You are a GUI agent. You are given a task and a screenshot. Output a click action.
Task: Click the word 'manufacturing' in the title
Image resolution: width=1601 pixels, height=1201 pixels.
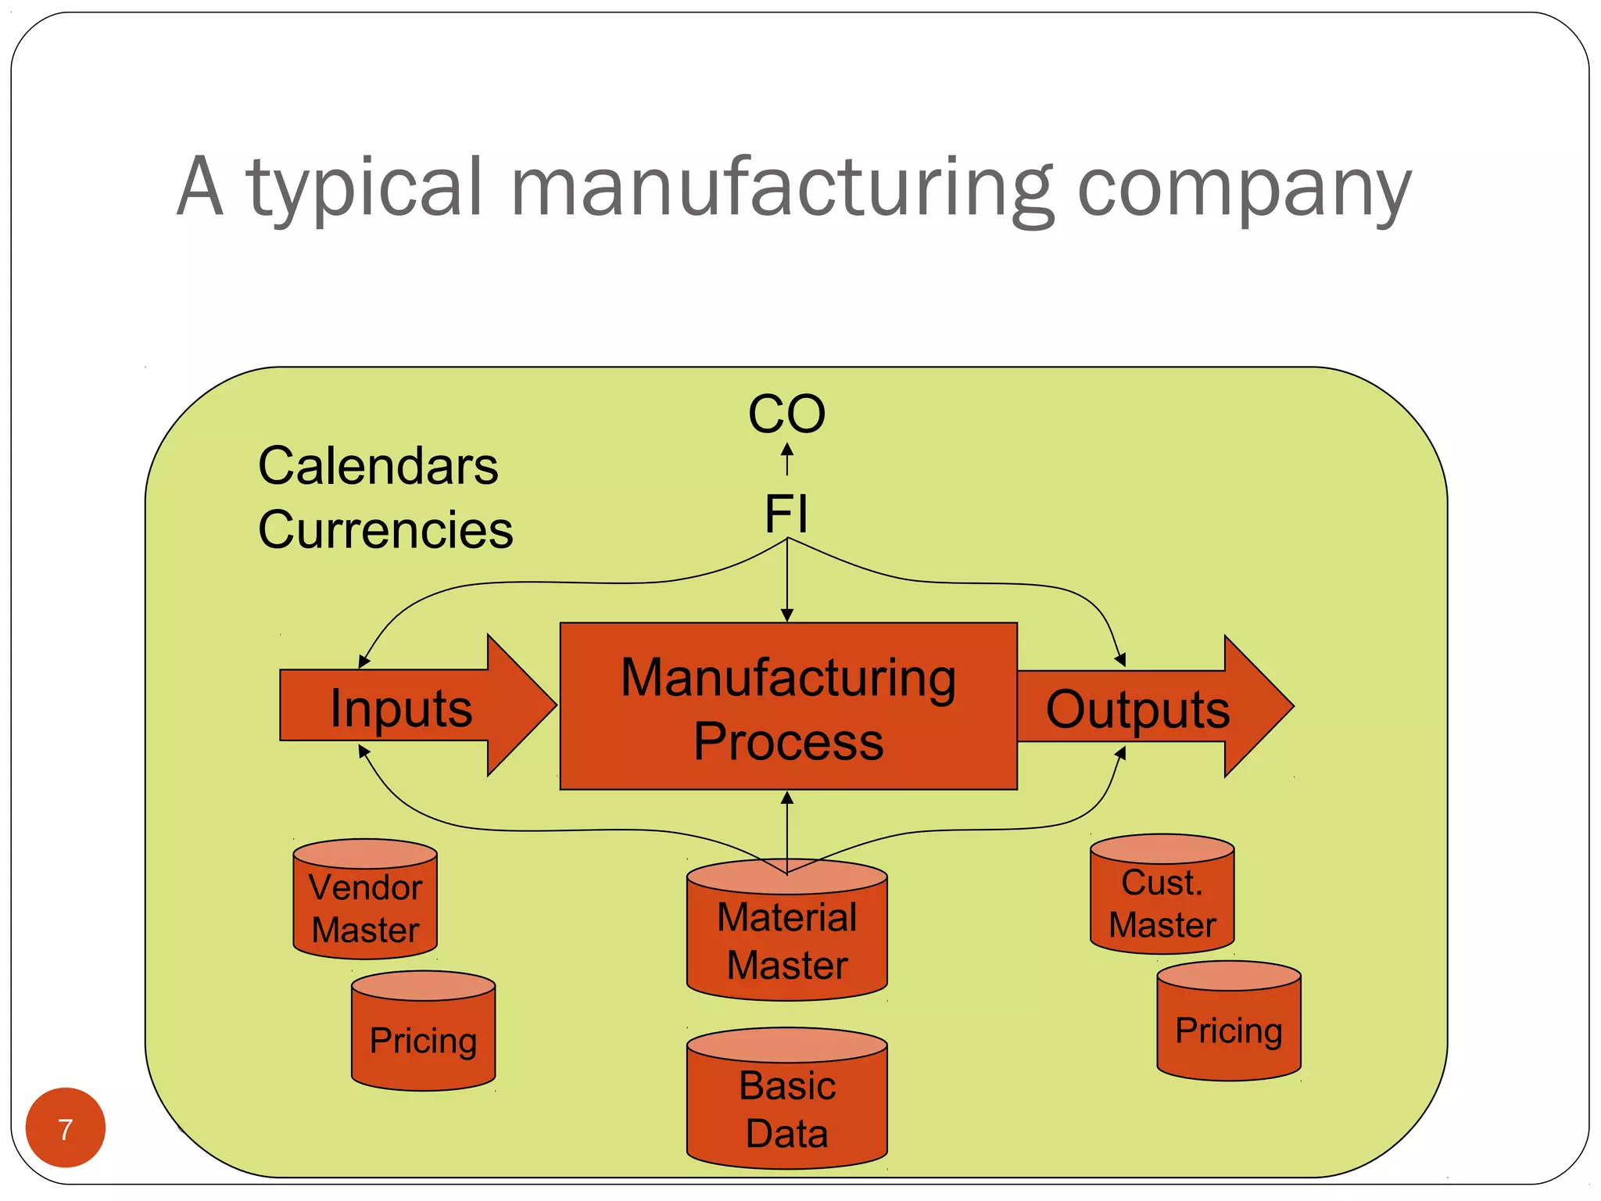click(782, 188)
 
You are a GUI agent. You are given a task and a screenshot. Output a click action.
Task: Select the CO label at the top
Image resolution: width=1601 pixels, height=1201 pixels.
click(786, 414)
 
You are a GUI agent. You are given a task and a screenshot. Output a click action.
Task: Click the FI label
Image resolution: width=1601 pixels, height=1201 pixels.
click(786, 514)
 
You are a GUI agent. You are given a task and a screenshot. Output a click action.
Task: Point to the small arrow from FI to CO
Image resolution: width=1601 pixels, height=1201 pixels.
click(787, 460)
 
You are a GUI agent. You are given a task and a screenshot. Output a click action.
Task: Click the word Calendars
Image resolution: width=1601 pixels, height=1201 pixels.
click(378, 466)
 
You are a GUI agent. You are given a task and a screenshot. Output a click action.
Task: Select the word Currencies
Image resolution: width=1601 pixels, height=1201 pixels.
click(385, 530)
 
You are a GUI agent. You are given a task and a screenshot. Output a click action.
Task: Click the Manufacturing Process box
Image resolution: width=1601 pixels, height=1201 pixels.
click(788, 707)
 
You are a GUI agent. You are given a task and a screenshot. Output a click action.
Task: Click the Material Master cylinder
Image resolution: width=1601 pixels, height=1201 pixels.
click(786, 938)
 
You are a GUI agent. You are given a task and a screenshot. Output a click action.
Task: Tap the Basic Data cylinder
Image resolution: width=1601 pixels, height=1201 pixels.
click(786, 1107)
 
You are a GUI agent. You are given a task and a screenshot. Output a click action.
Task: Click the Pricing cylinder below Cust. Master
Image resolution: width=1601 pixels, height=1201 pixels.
click(1228, 1029)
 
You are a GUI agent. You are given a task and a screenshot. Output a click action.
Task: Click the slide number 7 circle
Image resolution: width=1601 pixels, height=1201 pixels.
click(66, 1128)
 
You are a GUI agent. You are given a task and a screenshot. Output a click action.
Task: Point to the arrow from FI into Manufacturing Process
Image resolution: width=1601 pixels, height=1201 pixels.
click(787, 583)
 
